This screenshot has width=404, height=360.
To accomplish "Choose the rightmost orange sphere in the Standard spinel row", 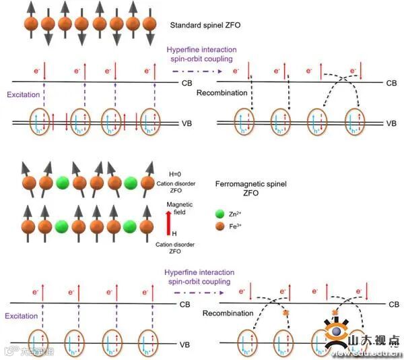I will [149, 24].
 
